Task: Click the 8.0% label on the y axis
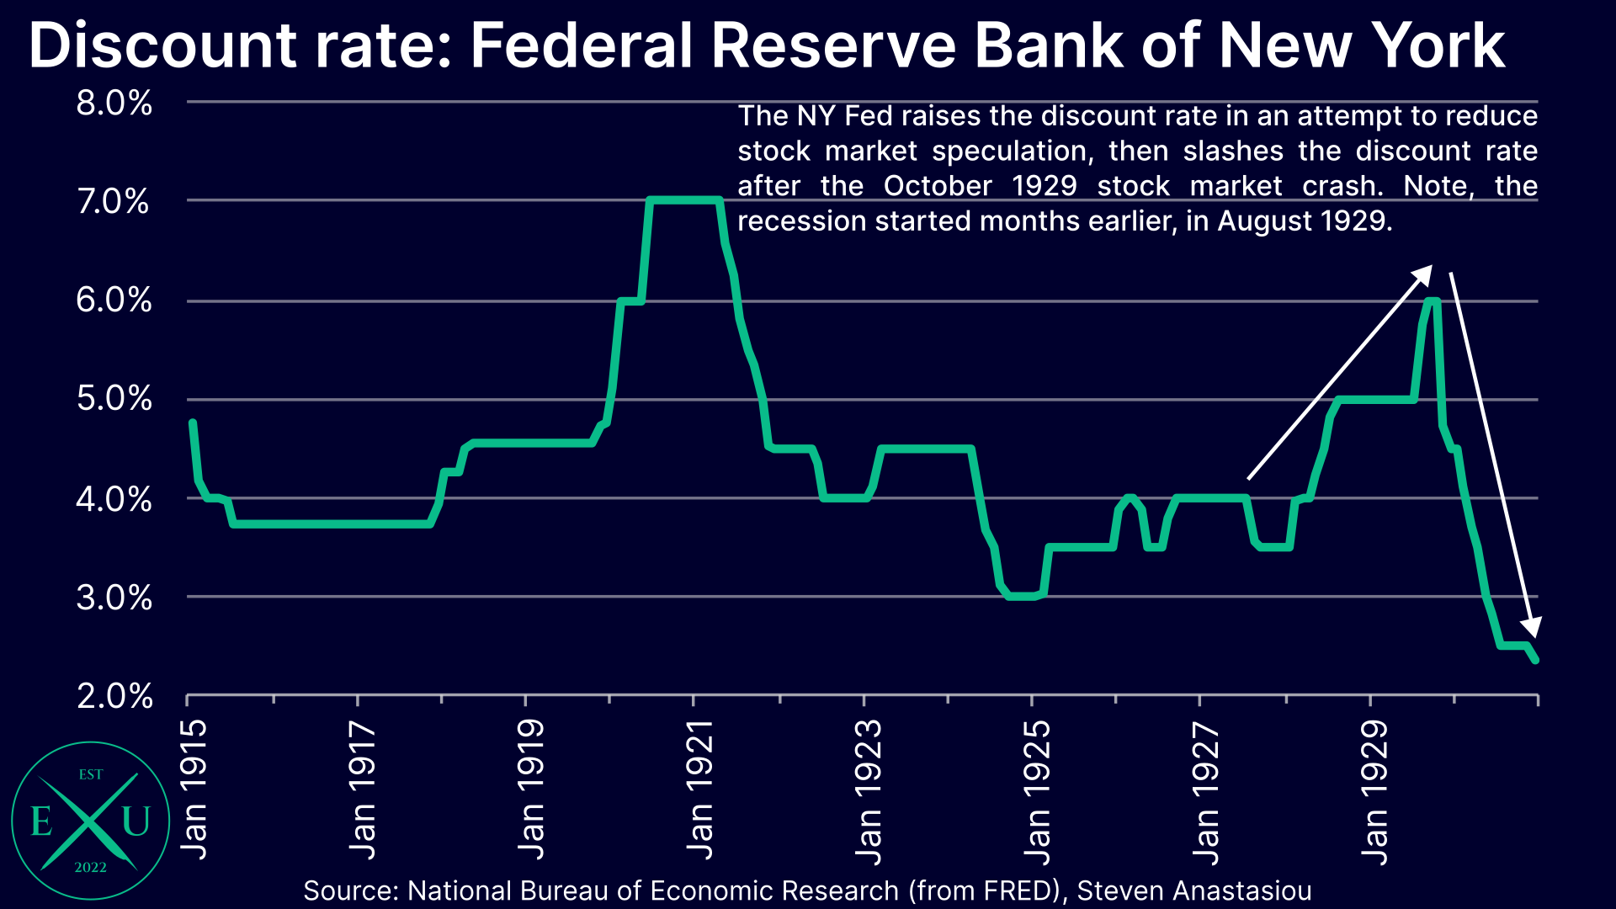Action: pos(114,104)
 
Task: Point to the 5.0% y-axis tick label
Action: pos(114,398)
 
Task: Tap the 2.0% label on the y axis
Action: pos(114,696)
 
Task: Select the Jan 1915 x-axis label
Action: pos(194,789)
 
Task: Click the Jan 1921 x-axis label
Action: pos(700,789)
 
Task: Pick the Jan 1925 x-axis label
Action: pos(1037,791)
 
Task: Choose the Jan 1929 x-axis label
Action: pos(1374,791)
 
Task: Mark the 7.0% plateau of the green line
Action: pos(683,200)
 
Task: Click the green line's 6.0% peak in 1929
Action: pos(1432,300)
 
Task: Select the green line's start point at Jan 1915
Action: pos(193,423)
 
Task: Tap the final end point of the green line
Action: pos(1536,661)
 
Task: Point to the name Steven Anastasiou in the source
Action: pos(1193,890)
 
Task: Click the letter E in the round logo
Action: pos(40,821)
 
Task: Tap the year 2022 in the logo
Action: pos(90,868)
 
